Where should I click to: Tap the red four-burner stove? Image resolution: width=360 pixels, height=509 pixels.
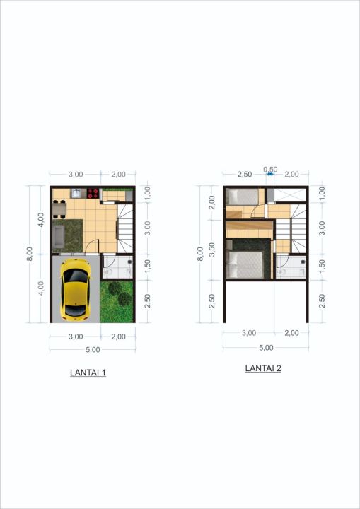pos(93,193)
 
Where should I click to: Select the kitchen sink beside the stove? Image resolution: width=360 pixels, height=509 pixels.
pos(77,193)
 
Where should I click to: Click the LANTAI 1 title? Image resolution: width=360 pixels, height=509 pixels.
pos(88,373)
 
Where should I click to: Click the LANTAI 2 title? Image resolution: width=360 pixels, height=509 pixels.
pos(263,368)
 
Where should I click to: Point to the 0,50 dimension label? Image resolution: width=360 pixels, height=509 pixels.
pos(270,170)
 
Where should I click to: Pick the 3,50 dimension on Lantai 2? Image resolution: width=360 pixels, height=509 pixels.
pos(211,250)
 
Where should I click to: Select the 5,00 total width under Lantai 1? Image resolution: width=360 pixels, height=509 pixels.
pos(93,350)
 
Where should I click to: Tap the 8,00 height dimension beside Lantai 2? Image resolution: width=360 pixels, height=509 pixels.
pos(200,254)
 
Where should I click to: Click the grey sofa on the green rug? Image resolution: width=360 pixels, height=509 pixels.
pos(59,237)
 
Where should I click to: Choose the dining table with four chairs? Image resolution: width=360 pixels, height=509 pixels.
pos(59,209)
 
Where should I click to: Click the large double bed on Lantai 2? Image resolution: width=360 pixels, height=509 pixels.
pos(245,264)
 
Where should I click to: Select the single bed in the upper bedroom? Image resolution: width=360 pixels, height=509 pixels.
pos(243,197)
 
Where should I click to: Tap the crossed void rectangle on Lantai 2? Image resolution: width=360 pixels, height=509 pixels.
pos(291,196)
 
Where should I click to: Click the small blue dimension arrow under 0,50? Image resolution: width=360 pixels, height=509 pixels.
pos(270,175)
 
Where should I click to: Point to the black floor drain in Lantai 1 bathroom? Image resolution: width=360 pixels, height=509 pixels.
pos(130,262)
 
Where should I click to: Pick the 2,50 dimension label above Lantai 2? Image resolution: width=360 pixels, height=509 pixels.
pos(245,175)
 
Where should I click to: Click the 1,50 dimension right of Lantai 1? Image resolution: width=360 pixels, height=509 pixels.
pos(147,266)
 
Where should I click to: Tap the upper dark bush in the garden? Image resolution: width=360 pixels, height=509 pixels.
pos(115,288)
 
